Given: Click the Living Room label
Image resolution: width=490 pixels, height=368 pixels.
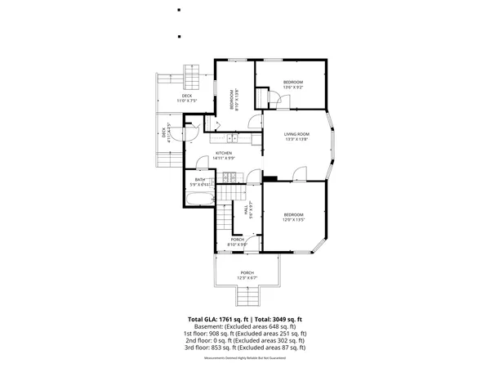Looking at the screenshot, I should (x=296, y=136).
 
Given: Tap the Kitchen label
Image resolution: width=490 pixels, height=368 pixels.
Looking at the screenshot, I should (x=224, y=155).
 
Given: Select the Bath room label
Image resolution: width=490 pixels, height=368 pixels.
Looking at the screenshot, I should (x=200, y=181).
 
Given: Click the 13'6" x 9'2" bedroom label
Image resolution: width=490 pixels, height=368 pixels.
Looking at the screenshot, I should (x=293, y=84).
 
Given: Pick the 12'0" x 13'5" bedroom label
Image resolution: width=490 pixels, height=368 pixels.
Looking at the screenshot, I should (x=293, y=217).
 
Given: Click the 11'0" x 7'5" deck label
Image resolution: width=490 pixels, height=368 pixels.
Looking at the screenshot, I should (x=186, y=98).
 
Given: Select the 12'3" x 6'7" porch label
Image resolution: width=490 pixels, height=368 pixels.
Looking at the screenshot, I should (x=247, y=275).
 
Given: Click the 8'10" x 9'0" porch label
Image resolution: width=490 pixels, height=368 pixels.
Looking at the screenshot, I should (x=237, y=241).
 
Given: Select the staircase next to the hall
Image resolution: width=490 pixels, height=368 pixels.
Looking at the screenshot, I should (x=226, y=195).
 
